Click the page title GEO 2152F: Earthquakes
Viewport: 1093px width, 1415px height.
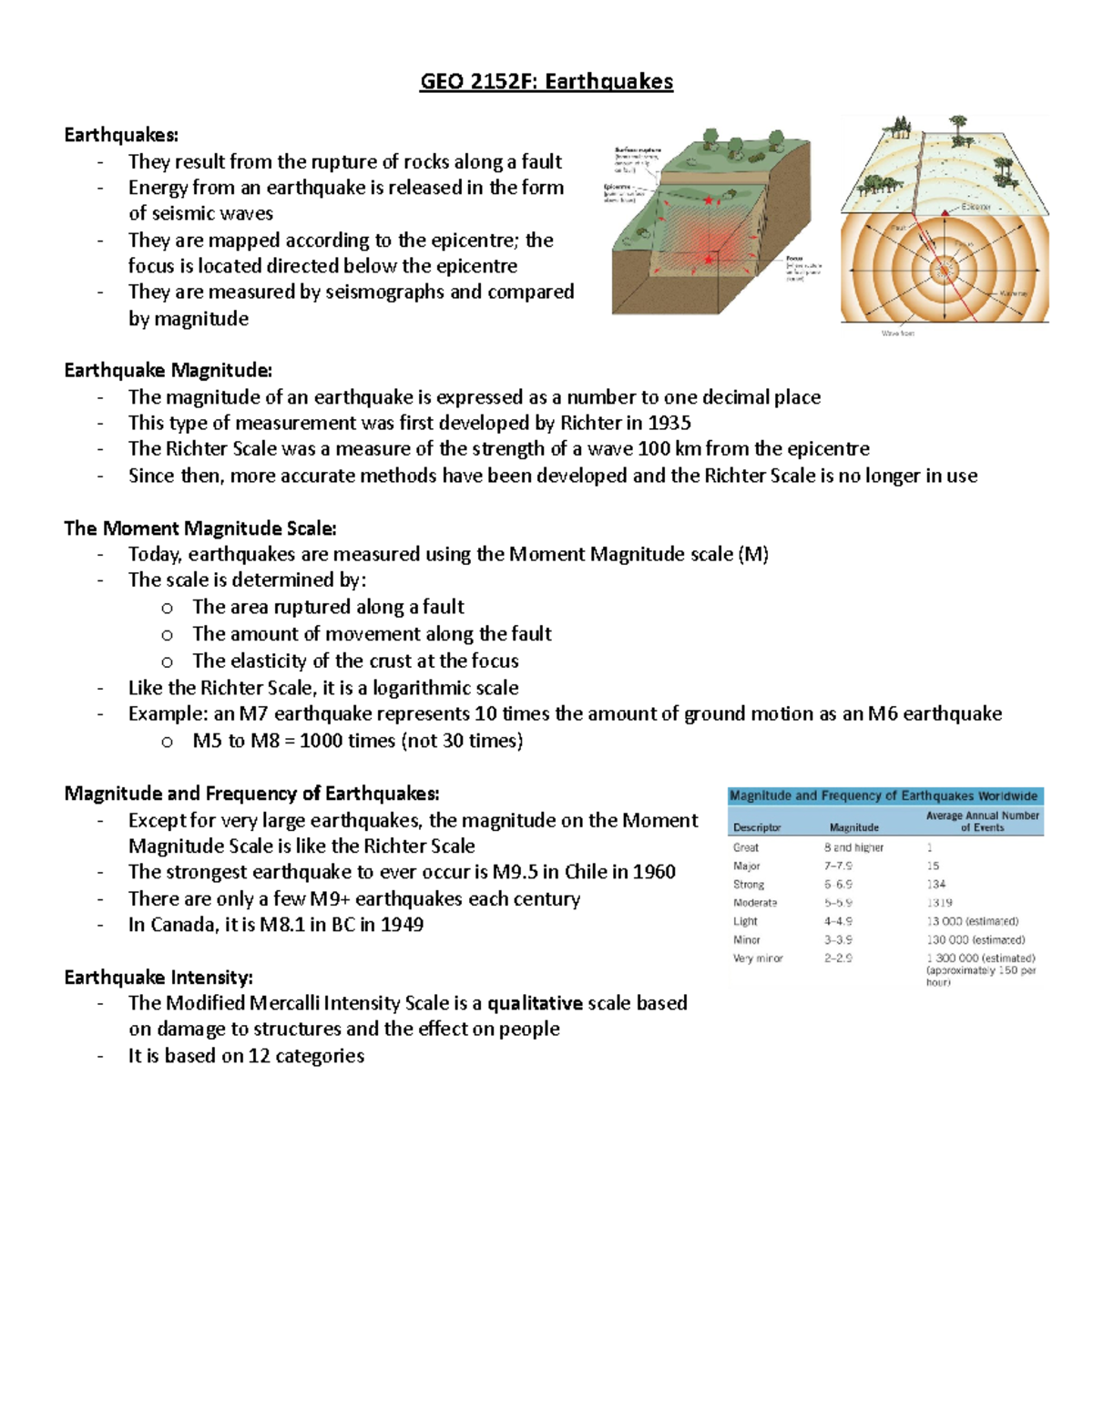pos(546,82)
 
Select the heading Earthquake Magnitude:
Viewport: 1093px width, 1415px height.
pos(168,370)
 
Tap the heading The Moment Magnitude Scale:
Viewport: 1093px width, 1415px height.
pos(199,528)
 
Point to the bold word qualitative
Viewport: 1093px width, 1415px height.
pos(535,1003)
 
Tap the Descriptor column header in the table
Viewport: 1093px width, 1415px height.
pos(757,827)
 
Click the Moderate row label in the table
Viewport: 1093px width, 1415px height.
pos(755,903)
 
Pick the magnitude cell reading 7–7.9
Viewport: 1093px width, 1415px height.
pos(839,866)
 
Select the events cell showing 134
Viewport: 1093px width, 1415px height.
pos(936,884)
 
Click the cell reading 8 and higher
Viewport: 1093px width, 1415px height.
pos(853,847)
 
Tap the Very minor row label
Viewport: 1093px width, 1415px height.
pos(758,959)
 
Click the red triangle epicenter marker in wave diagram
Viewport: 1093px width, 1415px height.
pos(945,211)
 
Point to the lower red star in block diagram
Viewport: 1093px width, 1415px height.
pos(709,260)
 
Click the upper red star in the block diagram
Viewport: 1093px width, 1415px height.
pos(708,200)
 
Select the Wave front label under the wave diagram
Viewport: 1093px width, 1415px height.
pos(897,333)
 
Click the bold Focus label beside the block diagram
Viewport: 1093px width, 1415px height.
pos(794,259)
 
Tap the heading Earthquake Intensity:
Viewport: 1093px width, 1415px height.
pos(158,978)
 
